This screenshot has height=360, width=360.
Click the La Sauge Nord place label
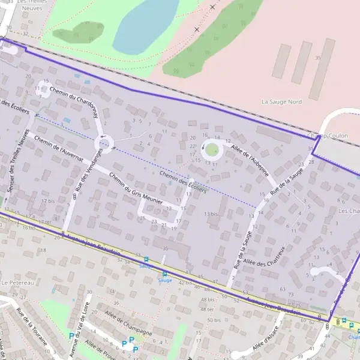[281, 102]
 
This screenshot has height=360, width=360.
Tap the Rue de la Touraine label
[32, 327]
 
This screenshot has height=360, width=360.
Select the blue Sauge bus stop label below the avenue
[164, 280]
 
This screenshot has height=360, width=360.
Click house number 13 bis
[210, 214]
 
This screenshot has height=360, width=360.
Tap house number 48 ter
[208, 309]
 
